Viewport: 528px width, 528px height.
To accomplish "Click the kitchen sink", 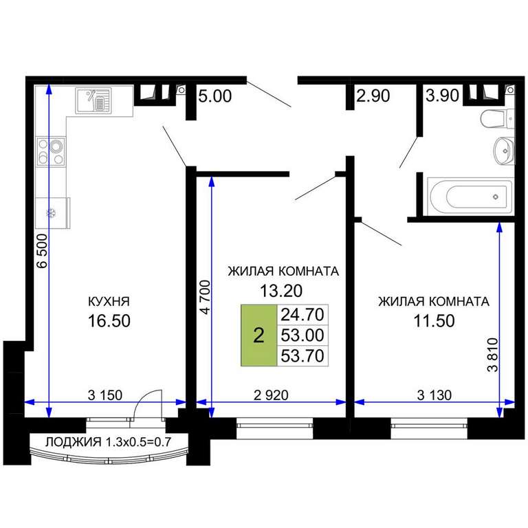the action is pyautogui.click(x=93, y=100).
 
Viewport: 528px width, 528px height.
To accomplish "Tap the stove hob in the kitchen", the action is pyautogui.click(x=50, y=151).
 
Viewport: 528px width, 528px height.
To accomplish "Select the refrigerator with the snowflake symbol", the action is pyautogui.click(x=52, y=213).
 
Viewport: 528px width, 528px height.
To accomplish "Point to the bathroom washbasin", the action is pyautogui.click(x=504, y=151).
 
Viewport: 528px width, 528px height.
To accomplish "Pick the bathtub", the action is pyautogui.click(x=470, y=197).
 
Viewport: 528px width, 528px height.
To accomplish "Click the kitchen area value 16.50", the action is pyautogui.click(x=109, y=320).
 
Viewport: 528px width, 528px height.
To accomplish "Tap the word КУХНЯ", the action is pyautogui.click(x=109, y=301).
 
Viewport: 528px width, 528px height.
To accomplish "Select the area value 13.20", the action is pyautogui.click(x=281, y=291).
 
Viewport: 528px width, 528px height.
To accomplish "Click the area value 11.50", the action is pyautogui.click(x=434, y=320).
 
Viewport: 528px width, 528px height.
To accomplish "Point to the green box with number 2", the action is pyautogui.click(x=258, y=335).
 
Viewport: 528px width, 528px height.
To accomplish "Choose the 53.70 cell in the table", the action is pyautogui.click(x=302, y=355).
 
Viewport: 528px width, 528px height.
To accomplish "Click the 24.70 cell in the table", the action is pyautogui.click(x=302, y=315).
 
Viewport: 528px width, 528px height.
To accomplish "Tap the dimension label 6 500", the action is pyautogui.click(x=43, y=251).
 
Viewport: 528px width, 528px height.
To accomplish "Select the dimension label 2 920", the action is pyautogui.click(x=271, y=395).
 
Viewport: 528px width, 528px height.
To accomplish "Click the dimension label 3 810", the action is pyautogui.click(x=492, y=355).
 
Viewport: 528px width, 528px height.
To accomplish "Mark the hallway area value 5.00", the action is pyautogui.click(x=214, y=96).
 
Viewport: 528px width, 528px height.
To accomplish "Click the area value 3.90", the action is pyautogui.click(x=442, y=96).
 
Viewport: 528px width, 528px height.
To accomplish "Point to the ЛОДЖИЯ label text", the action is pyautogui.click(x=73, y=441).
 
